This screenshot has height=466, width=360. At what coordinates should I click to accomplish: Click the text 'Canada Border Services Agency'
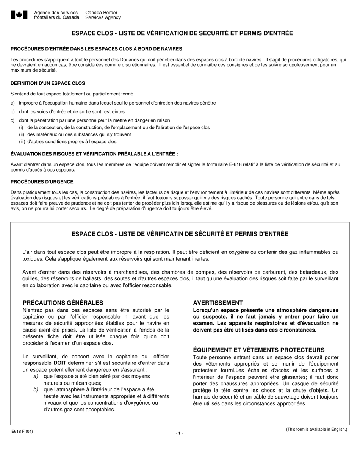click(x=103, y=15)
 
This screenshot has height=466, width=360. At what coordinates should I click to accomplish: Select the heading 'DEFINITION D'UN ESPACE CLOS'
click(x=48, y=83)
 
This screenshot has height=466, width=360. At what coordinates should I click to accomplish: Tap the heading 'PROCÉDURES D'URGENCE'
click(x=42, y=182)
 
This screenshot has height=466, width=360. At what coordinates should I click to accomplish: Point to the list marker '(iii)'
click(x=22, y=142)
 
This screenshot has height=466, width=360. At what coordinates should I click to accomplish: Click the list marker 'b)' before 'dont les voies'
click(x=13, y=112)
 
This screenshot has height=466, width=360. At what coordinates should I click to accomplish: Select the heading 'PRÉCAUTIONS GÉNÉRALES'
click(x=63, y=303)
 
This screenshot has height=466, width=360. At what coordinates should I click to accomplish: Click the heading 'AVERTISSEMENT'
click(x=218, y=303)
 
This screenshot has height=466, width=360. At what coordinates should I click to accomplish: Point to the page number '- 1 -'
click(x=179, y=433)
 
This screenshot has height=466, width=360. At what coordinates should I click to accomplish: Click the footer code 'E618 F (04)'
click(x=22, y=431)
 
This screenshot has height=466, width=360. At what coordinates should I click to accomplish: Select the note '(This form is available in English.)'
click(x=316, y=429)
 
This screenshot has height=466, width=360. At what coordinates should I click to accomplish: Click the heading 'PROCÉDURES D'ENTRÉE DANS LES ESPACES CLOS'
click(x=96, y=49)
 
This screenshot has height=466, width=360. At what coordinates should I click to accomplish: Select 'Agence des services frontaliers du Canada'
click(x=56, y=15)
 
